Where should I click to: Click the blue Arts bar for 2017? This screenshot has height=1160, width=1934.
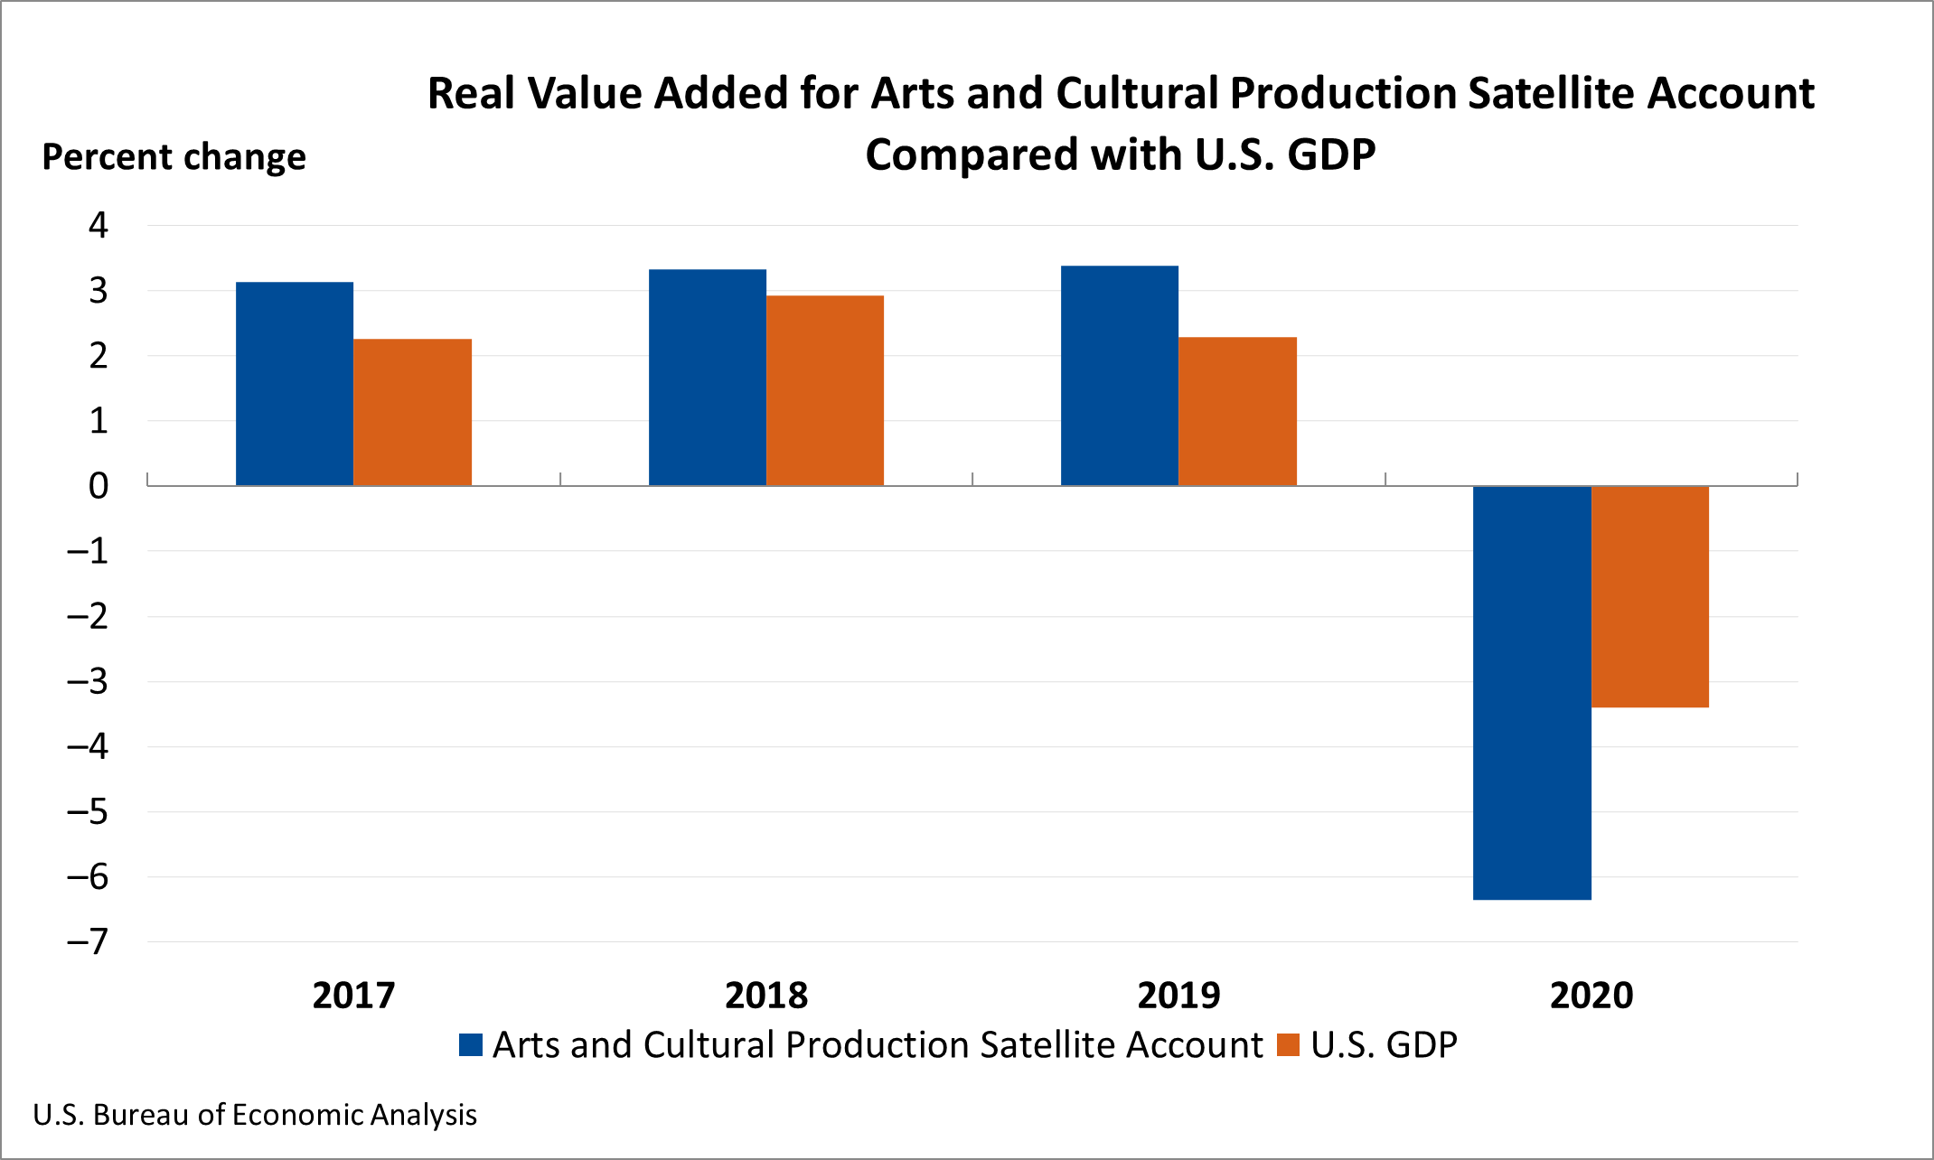(295, 384)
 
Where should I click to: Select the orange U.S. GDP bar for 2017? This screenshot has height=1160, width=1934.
(412, 412)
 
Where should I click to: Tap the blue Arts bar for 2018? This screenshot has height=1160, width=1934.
(708, 378)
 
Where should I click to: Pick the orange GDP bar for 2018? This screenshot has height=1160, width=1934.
(825, 390)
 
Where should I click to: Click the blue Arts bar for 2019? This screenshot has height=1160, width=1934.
(1120, 376)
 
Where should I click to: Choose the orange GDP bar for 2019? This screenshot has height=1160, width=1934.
(1237, 411)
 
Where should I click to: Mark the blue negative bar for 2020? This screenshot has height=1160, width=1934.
(1532, 692)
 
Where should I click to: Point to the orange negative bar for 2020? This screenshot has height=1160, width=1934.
(1650, 596)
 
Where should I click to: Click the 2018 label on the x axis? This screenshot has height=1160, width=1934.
(766, 996)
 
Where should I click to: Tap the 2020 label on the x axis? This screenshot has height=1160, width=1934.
(1591, 996)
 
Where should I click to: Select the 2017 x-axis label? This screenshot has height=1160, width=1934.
(353, 996)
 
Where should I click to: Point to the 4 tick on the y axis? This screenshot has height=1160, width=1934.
(98, 225)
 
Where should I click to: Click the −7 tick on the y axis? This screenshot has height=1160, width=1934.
(88, 942)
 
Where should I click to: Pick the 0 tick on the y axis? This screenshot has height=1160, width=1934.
(98, 486)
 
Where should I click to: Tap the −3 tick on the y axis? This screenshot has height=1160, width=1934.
(88, 681)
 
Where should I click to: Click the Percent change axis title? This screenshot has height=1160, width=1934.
(174, 157)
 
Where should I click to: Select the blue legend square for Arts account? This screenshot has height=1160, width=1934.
(471, 1045)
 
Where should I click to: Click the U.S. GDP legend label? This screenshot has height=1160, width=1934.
(1384, 1045)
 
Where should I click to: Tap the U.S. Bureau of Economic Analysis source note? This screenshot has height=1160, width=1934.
(255, 1115)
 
